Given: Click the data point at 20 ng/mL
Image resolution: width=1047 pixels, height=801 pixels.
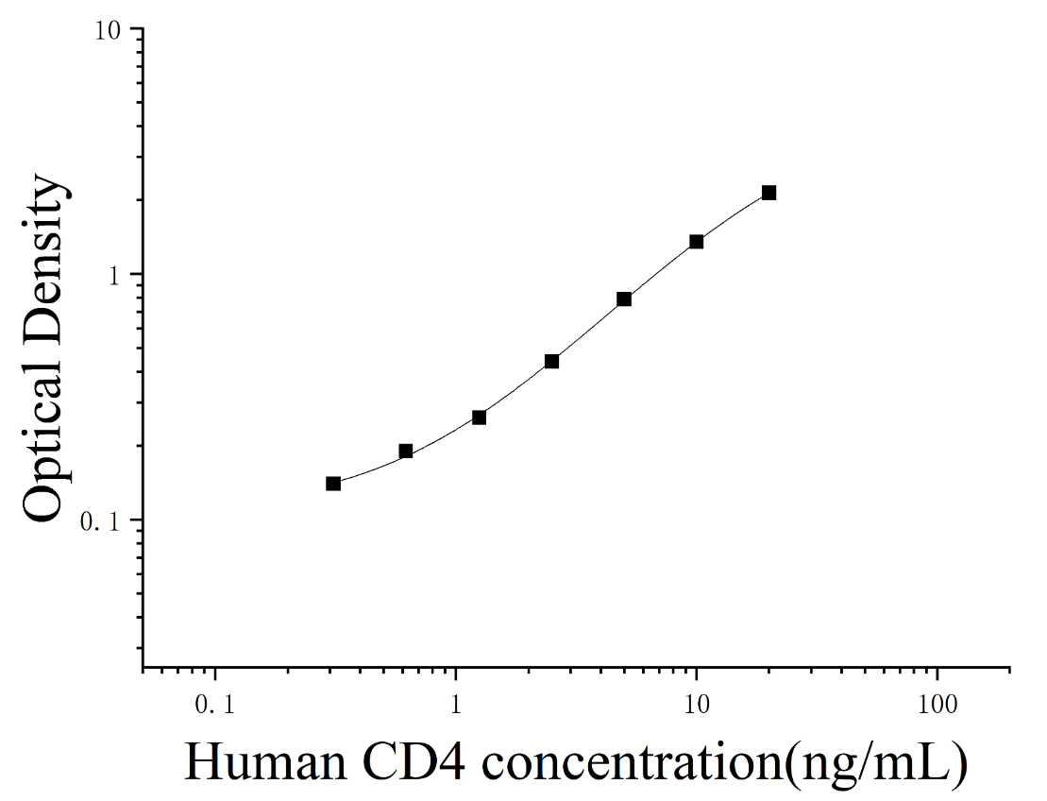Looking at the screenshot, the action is click(x=768, y=193).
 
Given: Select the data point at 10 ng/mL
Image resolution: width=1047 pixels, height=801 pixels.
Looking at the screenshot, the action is click(x=697, y=241).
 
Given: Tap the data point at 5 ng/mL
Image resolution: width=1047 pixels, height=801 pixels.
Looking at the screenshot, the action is click(x=624, y=298).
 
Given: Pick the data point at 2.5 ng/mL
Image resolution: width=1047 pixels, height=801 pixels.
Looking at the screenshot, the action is click(x=551, y=362).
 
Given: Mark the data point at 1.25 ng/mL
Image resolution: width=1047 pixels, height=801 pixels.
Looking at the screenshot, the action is click(x=479, y=418).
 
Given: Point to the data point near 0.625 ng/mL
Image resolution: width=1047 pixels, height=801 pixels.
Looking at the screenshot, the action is click(x=405, y=451).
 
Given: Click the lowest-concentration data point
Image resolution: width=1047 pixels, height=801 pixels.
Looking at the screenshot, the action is click(x=333, y=483).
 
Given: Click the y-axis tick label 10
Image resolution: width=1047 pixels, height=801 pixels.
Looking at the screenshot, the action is click(x=110, y=32).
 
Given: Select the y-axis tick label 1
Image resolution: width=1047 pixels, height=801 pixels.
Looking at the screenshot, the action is click(x=113, y=275).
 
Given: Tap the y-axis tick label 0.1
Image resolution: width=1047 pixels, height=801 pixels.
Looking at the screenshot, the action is click(x=100, y=521).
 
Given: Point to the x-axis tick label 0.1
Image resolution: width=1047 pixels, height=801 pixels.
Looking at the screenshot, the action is click(x=215, y=705).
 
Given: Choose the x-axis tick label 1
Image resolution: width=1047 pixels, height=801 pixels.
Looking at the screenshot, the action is click(x=456, y=705).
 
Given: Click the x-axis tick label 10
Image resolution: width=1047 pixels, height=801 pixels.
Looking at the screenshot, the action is click(x=697, y=705).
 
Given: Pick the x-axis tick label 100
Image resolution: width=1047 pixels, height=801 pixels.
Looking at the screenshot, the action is click(x=937, y=705).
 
